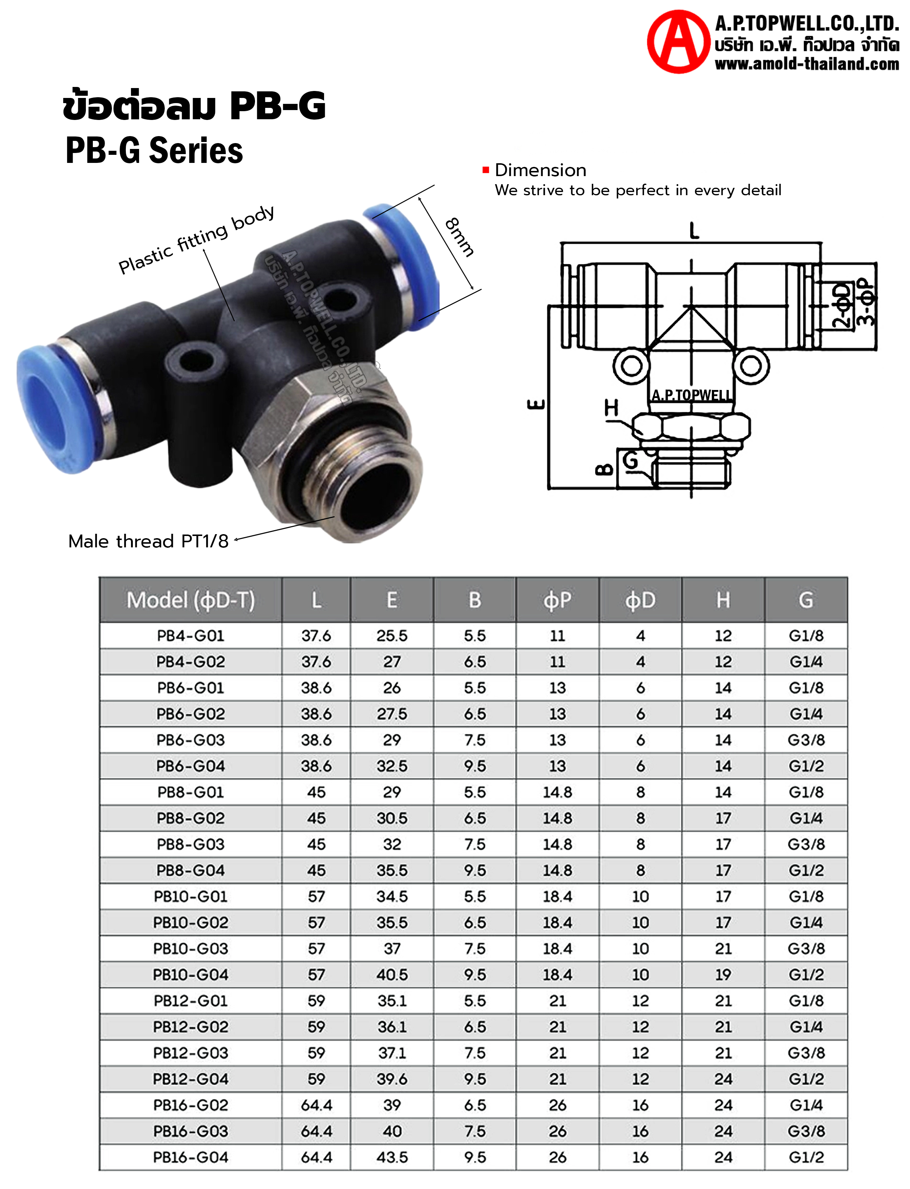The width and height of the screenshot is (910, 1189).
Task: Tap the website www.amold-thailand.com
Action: coord(807,64)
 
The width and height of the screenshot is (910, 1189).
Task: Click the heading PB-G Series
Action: coord(154,150)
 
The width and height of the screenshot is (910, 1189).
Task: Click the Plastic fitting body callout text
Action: coord(196,239)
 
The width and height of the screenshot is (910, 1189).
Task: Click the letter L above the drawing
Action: coord(694,231)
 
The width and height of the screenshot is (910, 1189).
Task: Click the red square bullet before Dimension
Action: coord(486,170)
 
